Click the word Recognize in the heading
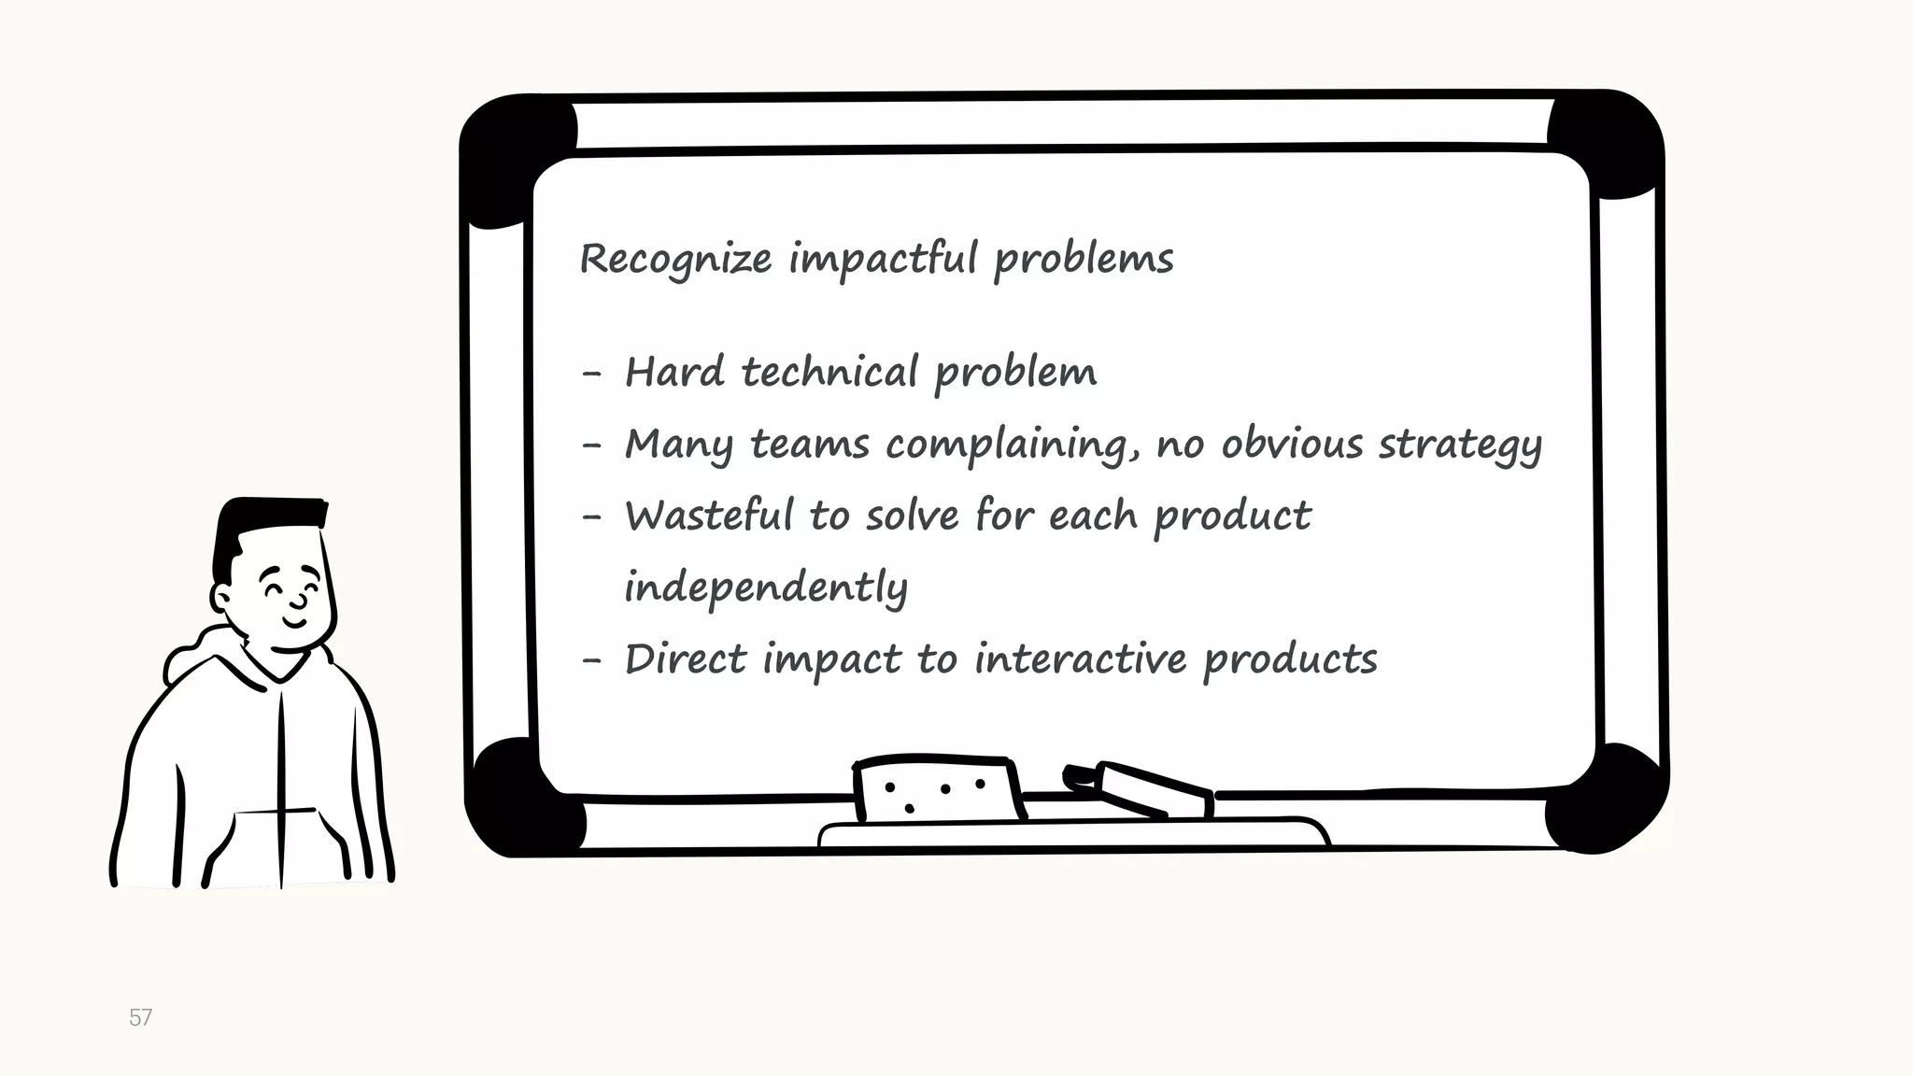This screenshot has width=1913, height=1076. click(675, 259)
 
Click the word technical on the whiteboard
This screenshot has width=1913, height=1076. click(829, 372)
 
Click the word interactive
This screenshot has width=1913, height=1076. click(1081, 659)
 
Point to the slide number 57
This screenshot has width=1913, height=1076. click(140, 1017)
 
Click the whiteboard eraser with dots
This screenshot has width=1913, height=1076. click(937, 790)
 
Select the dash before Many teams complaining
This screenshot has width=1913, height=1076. click(591, 446)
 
